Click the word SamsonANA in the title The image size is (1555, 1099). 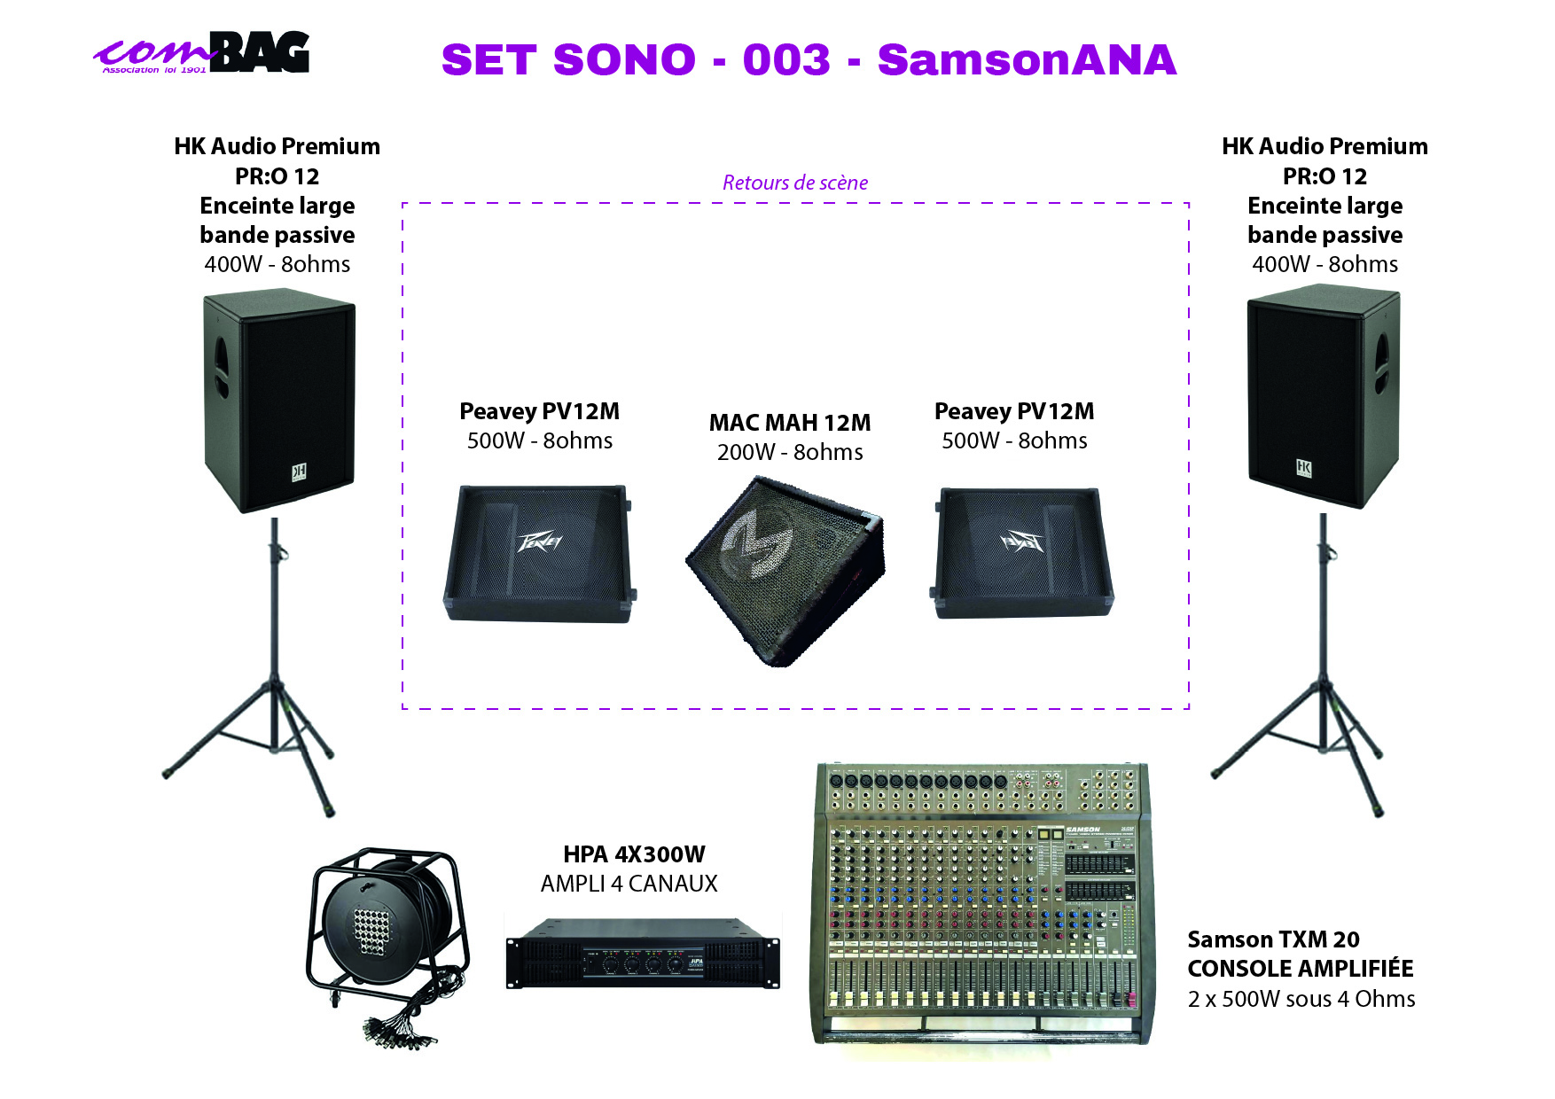(1027, 60)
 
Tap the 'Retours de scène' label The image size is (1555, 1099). (794, 183)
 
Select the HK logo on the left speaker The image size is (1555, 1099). (300, 472)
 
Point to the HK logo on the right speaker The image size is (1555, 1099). (1304, 468)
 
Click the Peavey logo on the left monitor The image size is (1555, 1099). (540, 540)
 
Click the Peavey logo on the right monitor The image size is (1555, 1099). (1022, 540)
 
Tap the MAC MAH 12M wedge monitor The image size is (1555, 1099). (785, 568)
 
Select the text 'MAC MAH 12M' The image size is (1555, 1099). (789, 423)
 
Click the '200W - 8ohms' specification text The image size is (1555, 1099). (789, 452)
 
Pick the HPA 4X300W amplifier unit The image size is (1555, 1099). (643, 955)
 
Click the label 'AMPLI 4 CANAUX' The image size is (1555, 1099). (629, 884)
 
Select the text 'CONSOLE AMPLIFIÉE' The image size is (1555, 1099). (1300, 969)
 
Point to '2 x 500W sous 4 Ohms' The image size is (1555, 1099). (1301, 999)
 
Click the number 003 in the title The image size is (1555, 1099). (786, 60)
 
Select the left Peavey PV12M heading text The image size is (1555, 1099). (539, 411)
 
